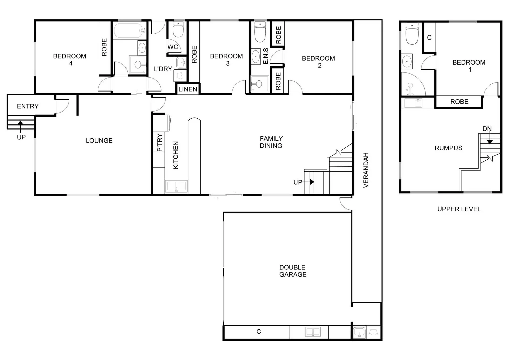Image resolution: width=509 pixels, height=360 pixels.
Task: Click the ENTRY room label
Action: [x=28, y=106]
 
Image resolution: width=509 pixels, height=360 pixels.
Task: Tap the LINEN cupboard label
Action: [x=188, y=89]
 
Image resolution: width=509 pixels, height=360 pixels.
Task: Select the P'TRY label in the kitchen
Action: [x=160, y=143]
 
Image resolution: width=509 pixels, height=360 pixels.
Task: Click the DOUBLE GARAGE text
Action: [x=293, y=271]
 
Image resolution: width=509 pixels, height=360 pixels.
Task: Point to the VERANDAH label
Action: [x=366, y=170]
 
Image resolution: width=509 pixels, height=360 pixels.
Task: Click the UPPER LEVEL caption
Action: [x=459, y=209]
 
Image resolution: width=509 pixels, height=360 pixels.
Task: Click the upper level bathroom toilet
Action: [x=412, y=34]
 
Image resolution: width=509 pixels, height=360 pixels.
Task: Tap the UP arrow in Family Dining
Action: [x=311, y=182]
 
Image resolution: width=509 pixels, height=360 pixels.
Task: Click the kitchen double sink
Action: [x=176, y=186]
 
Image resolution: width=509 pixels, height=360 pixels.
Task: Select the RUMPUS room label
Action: [x=448, y=148]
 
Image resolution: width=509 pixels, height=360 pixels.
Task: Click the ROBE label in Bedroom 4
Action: [x=104, y=47]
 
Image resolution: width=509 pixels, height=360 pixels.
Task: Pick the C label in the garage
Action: [x=259, y=332]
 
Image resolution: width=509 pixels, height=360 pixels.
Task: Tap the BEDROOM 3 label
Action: [x=226, y=60]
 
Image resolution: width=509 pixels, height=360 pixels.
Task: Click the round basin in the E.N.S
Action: [x=256, y=56]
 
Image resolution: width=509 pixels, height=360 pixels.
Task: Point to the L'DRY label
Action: [x=163, y=69]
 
